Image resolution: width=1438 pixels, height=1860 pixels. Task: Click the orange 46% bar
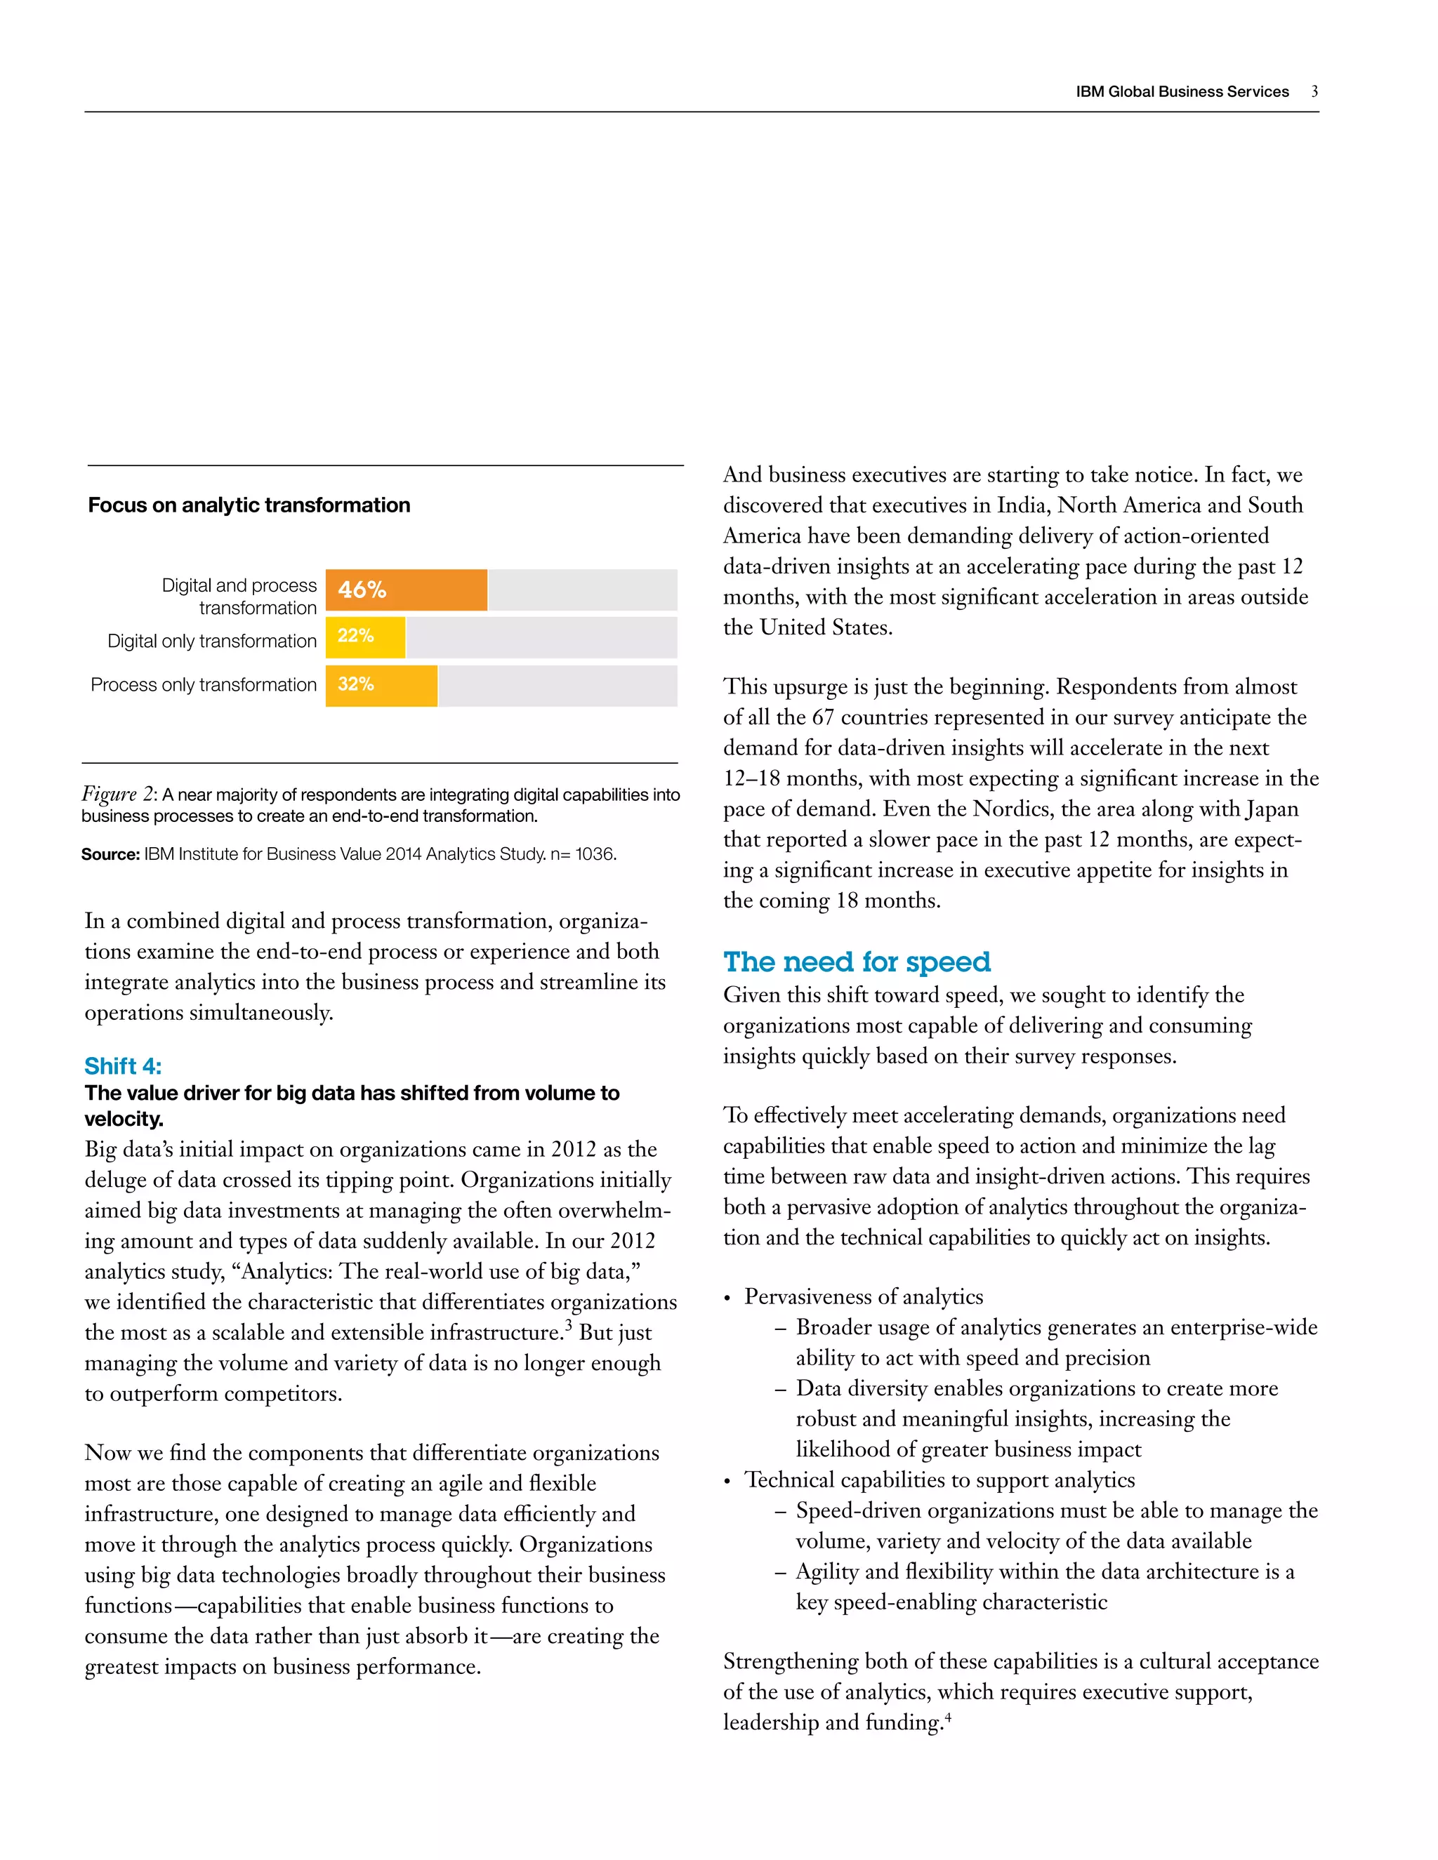(x=407, y=590)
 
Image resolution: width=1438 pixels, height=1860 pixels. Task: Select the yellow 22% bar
(x=365, y=637)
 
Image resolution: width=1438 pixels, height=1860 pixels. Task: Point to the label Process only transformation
(x=203, y=685)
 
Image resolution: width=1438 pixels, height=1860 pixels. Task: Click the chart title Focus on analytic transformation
(x=249, y=505)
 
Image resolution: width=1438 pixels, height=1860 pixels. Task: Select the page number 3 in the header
(x=1314, y=91)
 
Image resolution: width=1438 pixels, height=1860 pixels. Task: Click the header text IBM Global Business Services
(x=1182, y=91)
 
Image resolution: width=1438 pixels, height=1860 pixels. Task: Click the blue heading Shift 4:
(x=123, y=1065)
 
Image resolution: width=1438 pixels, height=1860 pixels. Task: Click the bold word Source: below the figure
(x=110, y=853)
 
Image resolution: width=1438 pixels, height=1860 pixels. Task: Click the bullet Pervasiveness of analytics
(x=863, y=1296)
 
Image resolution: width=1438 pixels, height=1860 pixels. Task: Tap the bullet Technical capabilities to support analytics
(x=939, y=1480)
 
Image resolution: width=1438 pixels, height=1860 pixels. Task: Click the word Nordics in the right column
(x=1009, y=808)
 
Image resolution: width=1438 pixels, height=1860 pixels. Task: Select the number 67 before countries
(x=823, y=717)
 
